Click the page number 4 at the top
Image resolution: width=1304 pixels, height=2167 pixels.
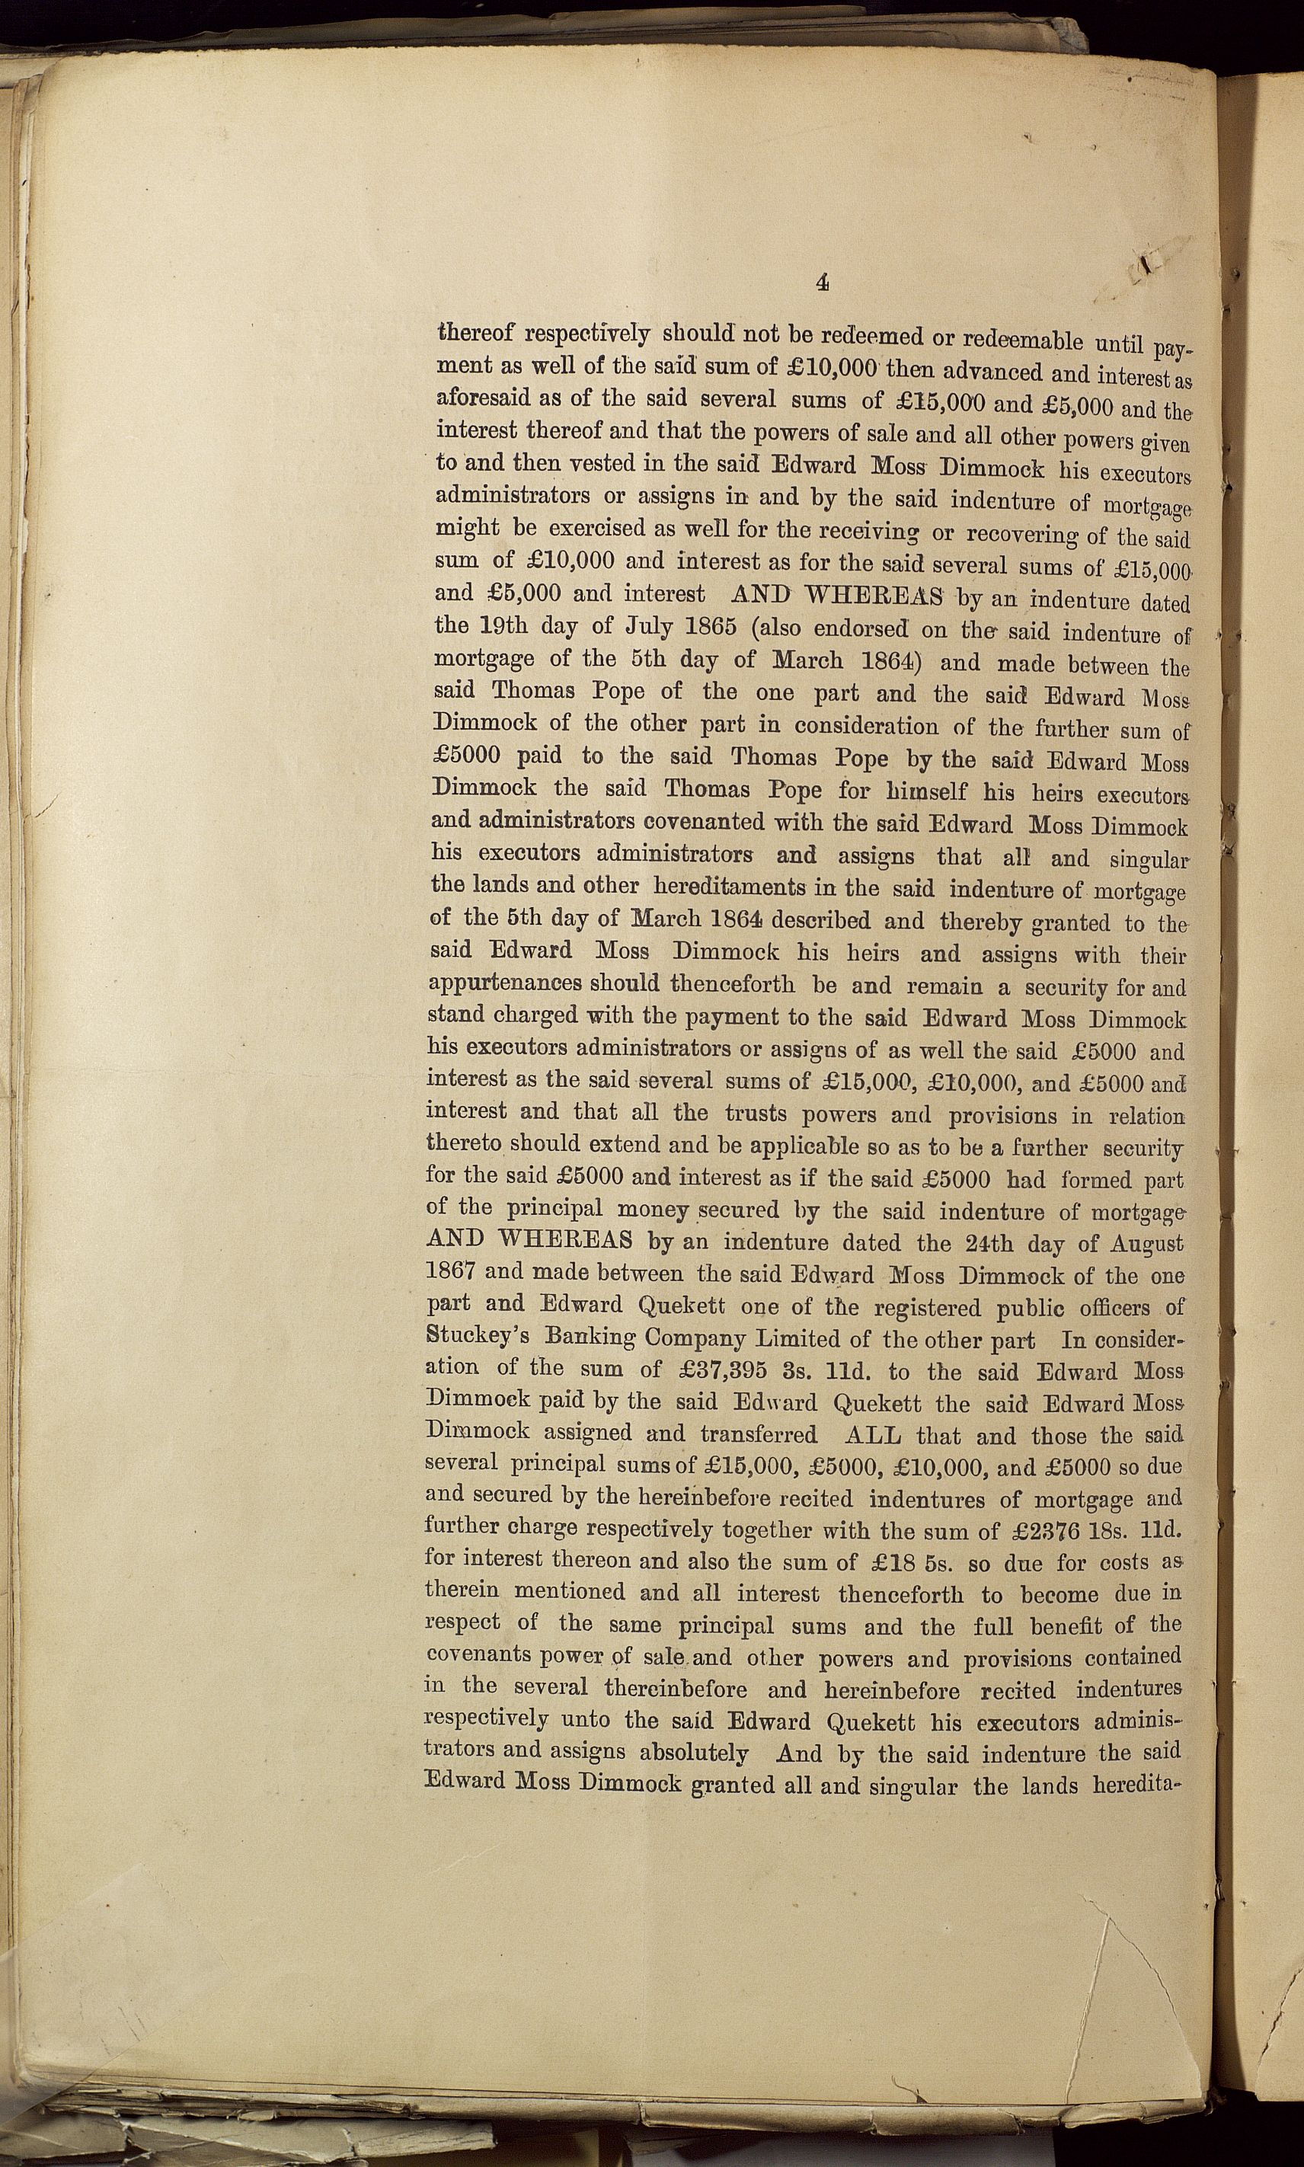pos(823,282)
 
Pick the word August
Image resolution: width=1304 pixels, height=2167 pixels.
pos(1137,1245)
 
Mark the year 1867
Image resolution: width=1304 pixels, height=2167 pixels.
pos(452,1270)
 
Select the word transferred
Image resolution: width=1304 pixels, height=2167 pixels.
pos(759,1434)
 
